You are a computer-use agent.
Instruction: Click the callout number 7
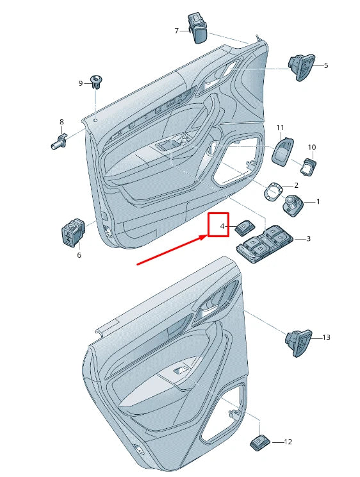pyautogui.click(x=176, y=31)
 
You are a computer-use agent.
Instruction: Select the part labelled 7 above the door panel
pyautogui.click(x=198, y=28)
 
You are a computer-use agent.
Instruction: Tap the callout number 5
pyautogui.click(x=326, y=65)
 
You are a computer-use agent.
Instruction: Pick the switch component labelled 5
pyautogui.click(x=302, y=67)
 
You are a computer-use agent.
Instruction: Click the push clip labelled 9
pyautogui.click(x=97, y=81)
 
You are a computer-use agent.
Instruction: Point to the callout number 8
pyautogui.click(x=61, y=122)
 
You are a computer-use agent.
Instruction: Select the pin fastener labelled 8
pyautogui.click(x=59, y=142)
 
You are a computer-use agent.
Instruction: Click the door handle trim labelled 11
pyautogui.click(x=282, y=151)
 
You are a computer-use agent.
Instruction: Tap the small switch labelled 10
pyautogui.click(x=308, y=167)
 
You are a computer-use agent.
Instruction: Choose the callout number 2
pyautogui.click(x=296, y=185)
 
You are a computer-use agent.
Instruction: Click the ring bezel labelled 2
pyautogui.click(x=273, y=192)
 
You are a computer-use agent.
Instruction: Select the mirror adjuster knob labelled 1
pyautogui.click(x=293, y=205)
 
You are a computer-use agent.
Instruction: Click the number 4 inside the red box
pyautogui.click(x=222, y=226)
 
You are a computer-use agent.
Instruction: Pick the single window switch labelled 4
pyautogui.click(x=245, y=228)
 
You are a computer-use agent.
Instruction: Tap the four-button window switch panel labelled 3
pyautogui.click(x=265, y=244)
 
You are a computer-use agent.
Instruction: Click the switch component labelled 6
pyautogui.click(x=72, y=232)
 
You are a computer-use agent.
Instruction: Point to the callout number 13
pyautogui.click(x=326, y=337)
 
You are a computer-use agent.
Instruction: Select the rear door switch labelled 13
pyautogui.click(x=299, y=343)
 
